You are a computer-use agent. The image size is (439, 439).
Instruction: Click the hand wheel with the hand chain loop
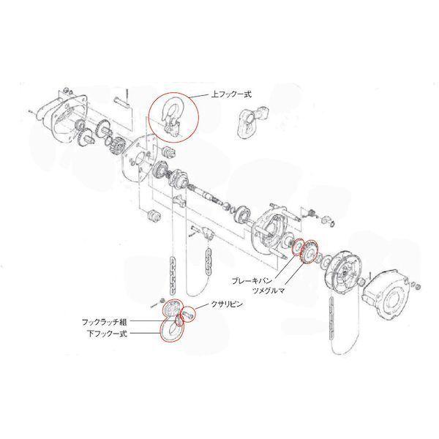coord(342,272)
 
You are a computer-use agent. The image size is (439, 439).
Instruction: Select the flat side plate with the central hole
coord(137,165)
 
